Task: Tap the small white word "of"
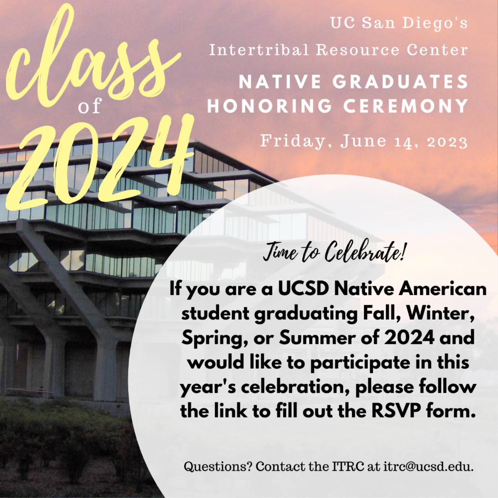(90, 107)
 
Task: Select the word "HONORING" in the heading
(270, 106)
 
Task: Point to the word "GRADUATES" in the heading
(400, 82)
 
